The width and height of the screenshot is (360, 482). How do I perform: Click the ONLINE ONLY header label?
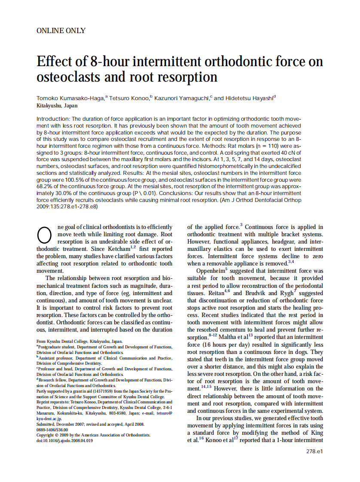click(x=61, y=31)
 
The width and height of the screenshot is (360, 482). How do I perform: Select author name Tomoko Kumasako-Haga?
click(x=70, y=98)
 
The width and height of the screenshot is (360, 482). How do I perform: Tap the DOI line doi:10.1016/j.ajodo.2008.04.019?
click(x=64, y=440)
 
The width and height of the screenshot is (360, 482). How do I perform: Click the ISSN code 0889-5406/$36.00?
click(x=52, y=429)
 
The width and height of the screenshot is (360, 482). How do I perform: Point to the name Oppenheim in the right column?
click(x=210, y=272)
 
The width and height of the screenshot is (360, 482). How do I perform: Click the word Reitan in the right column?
click(x=198, y=293)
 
